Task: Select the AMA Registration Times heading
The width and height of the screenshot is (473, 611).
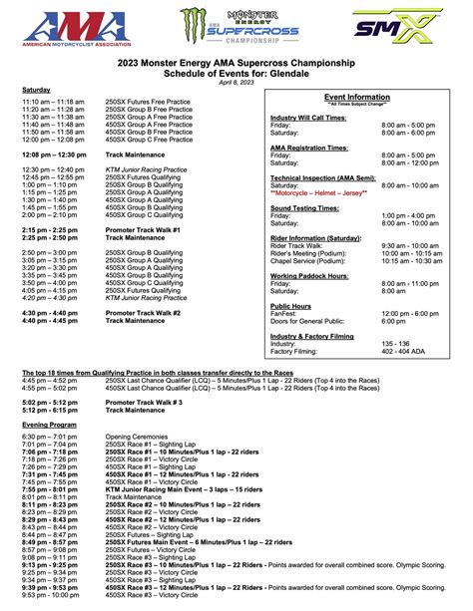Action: (308, 147)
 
